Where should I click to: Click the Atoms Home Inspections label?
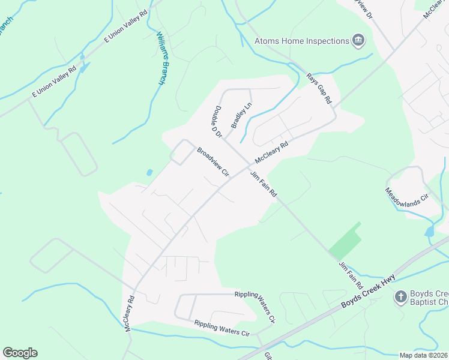[x=301, y=41]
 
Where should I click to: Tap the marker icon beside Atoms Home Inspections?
[x=358, y=41]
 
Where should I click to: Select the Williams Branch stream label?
[x=161, y=58]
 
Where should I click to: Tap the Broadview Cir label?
[x=214, y=162]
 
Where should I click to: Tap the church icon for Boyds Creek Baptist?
[x=400, y=296]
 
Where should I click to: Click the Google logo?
[x=20, y=353]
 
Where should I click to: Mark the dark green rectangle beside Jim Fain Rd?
[x=345, y=241]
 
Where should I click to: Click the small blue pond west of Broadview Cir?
[x=149, y=173]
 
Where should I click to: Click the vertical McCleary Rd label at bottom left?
[x=129, y=313]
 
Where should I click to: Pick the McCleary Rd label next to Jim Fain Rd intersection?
[x=271, y=152]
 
